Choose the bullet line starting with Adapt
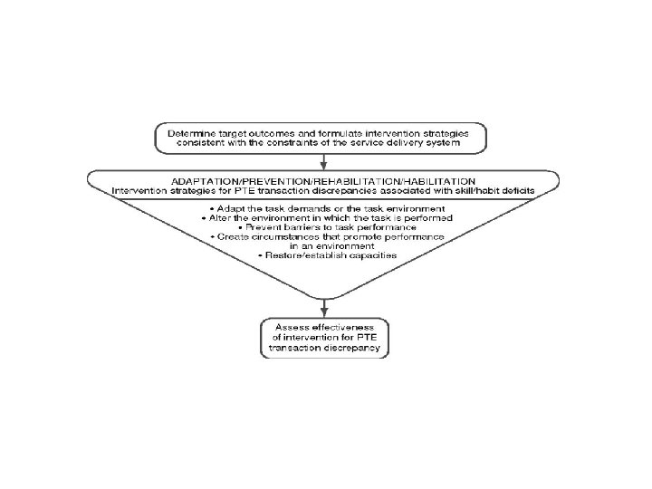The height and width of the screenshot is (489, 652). click(325, 208)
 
